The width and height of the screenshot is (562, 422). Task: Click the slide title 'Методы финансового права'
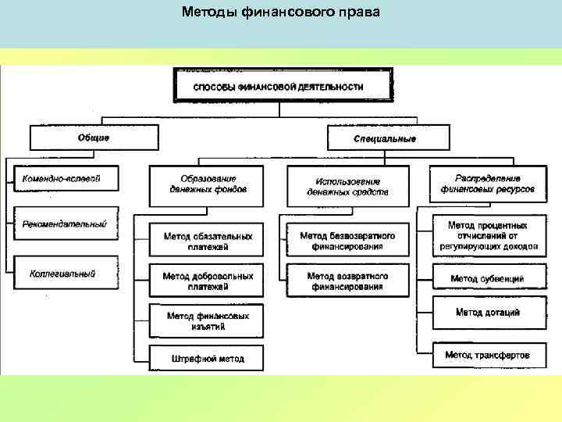tap(280, 13)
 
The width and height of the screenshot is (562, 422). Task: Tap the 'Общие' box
tap(93, 138)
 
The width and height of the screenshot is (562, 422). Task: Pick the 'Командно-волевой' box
tap(62, 179)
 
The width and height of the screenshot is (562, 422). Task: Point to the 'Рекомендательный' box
tap(64, 224)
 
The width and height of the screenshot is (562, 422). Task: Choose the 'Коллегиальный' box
tap(62, 274)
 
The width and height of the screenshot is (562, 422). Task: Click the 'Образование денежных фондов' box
tap(208, 184)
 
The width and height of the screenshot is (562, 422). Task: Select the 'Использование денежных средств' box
tap(347, 186)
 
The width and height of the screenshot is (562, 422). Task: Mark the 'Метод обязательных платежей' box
tap(208, 241)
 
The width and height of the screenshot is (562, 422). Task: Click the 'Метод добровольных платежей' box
tap(208, 281)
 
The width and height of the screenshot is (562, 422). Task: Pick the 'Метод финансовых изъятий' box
tap(208, 321)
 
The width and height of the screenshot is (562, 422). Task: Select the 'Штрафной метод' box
tap(208, 359)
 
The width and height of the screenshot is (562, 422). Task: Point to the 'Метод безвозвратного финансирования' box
tap(347, 241)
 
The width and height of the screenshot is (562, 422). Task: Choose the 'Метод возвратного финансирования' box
tap(347, 281)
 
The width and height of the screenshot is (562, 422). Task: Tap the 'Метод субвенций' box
tap(488, 278)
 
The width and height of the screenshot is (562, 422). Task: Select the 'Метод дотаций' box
tap(488, 313)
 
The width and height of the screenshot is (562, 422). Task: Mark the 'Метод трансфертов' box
tap(488, 355)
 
